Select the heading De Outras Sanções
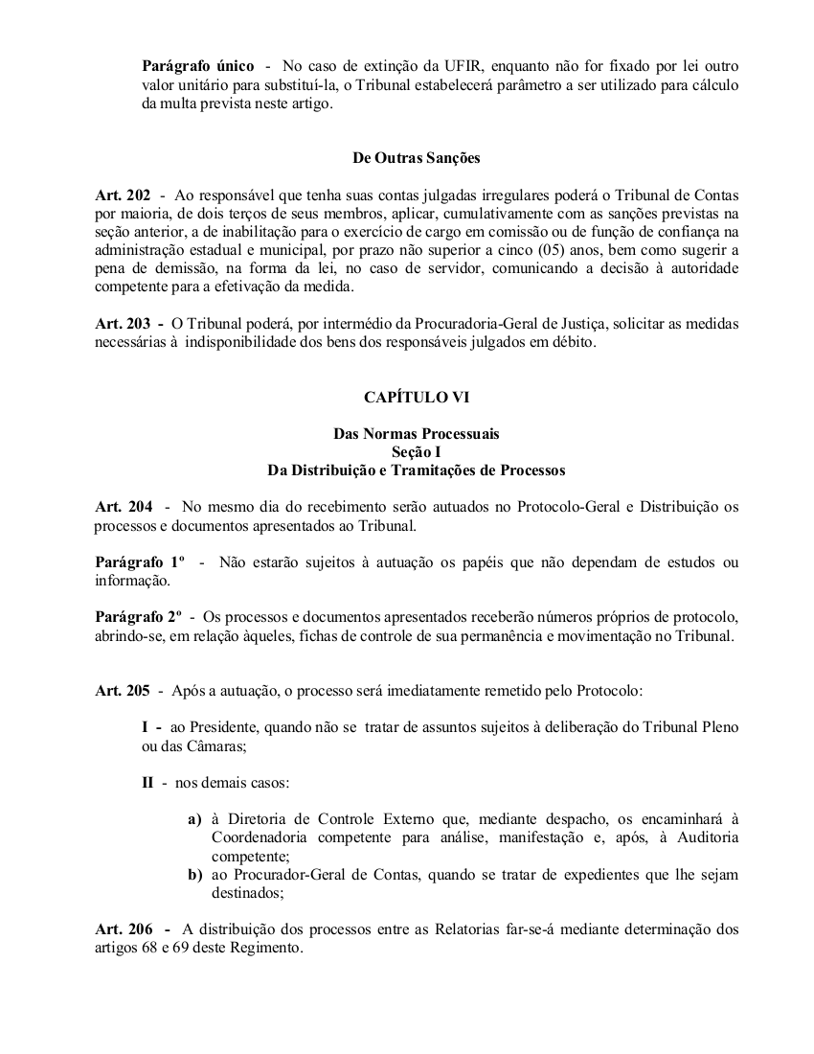(417, 157)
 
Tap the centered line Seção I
(417, 452)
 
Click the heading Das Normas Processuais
(417, 434)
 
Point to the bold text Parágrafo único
(198, 66)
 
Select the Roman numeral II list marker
(148, 783)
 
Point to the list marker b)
(194, 875)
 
